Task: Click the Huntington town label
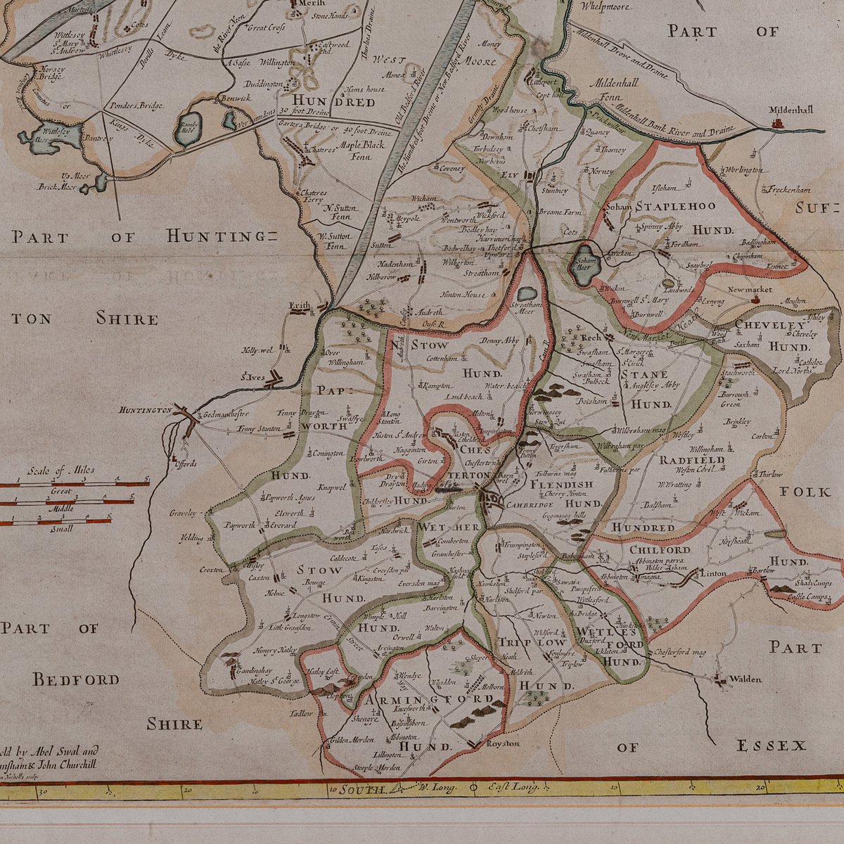click(145, 410)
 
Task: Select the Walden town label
click(745, 679)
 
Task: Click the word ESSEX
click(770, 746)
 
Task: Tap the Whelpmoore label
click(605, 6)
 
